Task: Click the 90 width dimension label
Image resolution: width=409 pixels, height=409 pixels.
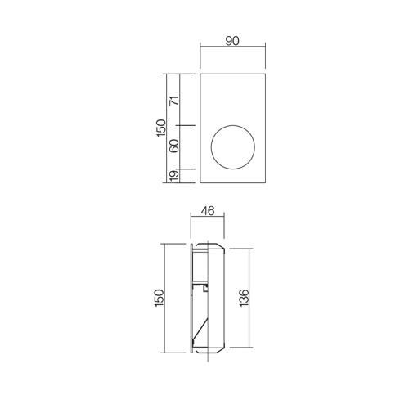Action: [232, 41]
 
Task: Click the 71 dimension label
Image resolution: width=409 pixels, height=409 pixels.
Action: [174, 101]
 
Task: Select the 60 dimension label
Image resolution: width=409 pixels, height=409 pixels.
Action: [174, 146]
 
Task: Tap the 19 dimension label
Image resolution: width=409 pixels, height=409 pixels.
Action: [174, 175]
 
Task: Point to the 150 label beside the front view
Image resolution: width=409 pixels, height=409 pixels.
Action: [161, 128]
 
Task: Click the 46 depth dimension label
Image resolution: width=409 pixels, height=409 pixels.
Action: [208, 211]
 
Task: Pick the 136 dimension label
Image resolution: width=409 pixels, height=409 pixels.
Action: [244, 298]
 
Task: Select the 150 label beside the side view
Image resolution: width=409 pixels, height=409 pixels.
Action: [160, 298]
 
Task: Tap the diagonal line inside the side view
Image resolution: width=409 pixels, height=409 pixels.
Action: [200, 328]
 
